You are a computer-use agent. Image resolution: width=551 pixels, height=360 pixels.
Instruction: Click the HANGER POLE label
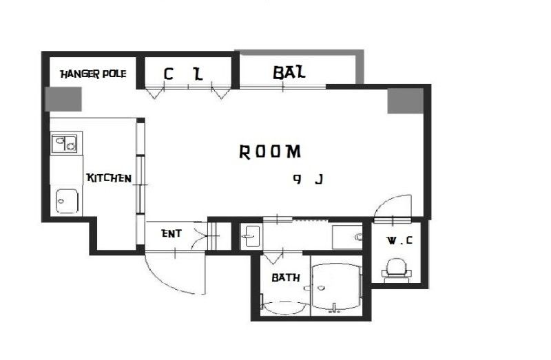point(93,74)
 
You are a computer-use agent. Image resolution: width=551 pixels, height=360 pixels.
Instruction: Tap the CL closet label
point(183,74)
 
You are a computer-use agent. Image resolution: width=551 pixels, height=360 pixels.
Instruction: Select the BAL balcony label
point(289,73)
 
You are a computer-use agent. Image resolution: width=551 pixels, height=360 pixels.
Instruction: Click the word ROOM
point(270,151)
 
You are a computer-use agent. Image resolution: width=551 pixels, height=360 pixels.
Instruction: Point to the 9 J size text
point(308,180)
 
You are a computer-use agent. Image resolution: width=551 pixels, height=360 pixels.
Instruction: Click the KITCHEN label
point(109,178)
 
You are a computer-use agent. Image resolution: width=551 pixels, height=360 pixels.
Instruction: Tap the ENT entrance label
point(171,233)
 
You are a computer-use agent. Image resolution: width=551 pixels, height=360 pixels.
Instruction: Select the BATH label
point(286,277)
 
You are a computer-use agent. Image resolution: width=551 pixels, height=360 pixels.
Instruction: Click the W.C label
point(399,241)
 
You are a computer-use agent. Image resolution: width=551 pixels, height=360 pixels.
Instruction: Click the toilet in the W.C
point(397,270)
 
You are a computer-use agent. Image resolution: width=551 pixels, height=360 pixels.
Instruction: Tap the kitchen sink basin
point(67,201)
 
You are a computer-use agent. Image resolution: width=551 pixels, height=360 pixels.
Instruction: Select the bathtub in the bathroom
point(284,308)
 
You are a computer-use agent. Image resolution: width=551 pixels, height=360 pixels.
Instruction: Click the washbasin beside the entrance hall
point(251,236)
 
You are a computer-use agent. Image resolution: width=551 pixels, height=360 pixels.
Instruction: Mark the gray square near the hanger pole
point(63,99)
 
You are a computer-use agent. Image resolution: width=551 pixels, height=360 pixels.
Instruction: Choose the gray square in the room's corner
point(406,100)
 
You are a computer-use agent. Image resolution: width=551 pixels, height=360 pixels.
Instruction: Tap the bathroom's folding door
point(273,257)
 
